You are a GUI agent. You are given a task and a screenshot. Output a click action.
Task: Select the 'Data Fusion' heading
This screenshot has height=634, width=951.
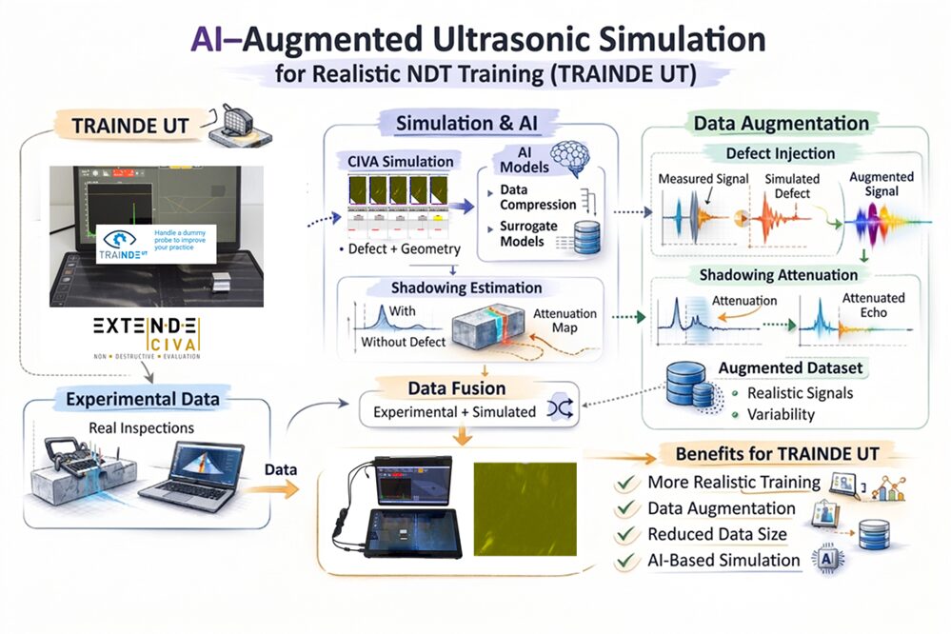pos(457,388)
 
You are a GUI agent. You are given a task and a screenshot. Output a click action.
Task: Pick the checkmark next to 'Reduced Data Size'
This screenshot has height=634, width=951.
pos(626,535)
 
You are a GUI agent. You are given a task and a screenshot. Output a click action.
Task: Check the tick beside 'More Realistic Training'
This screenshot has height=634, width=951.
pos(626,483)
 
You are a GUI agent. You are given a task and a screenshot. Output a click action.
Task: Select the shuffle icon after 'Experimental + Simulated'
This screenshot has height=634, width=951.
pos(558,410)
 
